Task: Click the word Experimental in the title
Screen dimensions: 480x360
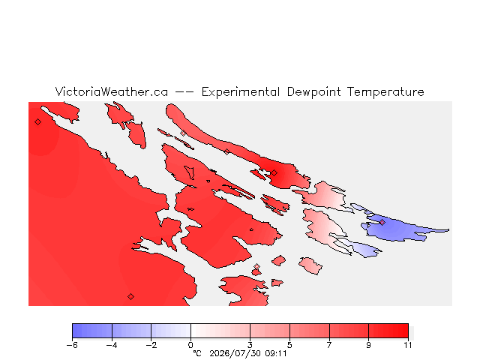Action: (x=241, y=92)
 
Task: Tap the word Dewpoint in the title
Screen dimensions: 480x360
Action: (x=313, y=92)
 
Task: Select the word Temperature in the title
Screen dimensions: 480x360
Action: (x=385, y=91)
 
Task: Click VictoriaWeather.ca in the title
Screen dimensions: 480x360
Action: (x=112, y=91)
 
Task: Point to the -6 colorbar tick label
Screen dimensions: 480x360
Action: (x=72, y=345)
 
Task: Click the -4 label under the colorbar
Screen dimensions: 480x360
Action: (x=112, y=345)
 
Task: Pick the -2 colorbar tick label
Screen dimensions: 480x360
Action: (x=151, y=345)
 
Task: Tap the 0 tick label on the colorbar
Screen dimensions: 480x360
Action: (x=190, y=345)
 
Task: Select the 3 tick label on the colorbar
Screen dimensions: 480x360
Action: (x=250, y=345)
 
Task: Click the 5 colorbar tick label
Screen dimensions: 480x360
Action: (x=289, y=345)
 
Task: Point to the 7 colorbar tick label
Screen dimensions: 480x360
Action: (x=329, y=345)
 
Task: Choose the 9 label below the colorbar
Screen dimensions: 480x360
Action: (x=368, y=345)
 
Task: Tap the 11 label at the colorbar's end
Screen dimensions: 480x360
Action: (x=408, y=345)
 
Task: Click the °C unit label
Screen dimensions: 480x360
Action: (x=197, y=353)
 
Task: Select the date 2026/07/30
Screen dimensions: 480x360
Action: (x=235, y=353)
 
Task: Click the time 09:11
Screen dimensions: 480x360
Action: (x=276, y=353)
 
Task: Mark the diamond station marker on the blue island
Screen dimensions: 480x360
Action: (x=382, y=223)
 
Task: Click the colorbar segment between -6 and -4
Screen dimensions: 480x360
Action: (x=92, y=331)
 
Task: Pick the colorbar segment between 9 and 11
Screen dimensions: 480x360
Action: (x=388, y=331)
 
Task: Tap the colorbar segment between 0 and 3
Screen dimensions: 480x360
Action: (x=220, y=331)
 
